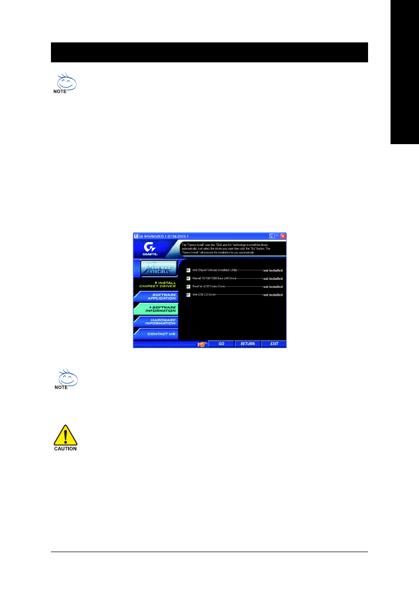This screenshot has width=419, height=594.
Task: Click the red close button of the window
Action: [x=283, y=236]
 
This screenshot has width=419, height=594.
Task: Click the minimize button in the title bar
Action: [x=272, y=236]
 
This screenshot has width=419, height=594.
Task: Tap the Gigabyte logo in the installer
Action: [x=149, y=248]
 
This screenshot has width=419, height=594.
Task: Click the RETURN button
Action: [x=247, y=344]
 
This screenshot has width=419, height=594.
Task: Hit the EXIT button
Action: [x=274, y=344]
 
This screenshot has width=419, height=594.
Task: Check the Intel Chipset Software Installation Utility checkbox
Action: [x=189, y=270]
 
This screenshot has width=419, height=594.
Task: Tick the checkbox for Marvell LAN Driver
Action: [x=189, y=278]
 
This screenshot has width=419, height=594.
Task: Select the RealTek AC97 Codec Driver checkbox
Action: [x=189, y=286]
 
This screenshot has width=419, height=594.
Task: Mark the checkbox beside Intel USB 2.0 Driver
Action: [x=189, y=295]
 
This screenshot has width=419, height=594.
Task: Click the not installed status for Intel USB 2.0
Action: [x=273, y=295]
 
